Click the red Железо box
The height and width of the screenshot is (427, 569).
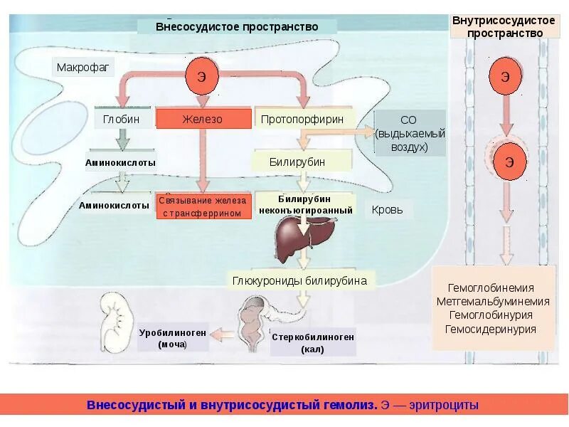[203, 119]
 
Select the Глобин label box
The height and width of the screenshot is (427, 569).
[121, 119]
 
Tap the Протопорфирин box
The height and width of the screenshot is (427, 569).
[302, 119]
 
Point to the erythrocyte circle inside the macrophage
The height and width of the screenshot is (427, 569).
[201, 78]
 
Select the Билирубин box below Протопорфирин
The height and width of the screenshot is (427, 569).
[297, 162]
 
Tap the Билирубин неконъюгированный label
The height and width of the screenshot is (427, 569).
[305, 204]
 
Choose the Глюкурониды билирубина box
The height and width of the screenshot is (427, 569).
[299, 280]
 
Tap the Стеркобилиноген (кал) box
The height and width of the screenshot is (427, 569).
[312, 343]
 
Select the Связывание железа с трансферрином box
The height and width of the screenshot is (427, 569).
[204, 206]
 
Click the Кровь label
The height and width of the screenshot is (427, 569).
[388, 209]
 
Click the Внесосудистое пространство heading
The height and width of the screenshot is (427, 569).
[237, 27]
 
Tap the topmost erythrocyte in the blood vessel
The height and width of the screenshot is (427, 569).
[505, 77]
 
